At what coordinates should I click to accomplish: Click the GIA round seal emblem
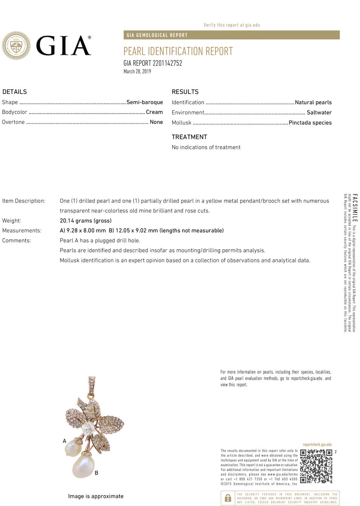click(x=16, y=46)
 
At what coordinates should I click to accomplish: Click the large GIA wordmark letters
click(x=64, y=46)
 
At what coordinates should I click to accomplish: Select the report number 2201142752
click(x=152, y=63)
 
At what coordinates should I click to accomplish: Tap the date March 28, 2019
click(x=137, y=71)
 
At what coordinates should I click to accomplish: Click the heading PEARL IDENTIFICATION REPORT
click(x=178, y=51)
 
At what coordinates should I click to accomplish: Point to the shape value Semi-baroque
click(x=145, y=102)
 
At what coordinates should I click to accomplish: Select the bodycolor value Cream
click(x=154, y=112)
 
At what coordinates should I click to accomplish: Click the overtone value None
click(x=156, y=122)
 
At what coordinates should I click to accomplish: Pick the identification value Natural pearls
click(x=313, y=102)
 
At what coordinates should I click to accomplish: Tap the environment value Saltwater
click(x=319, y=112)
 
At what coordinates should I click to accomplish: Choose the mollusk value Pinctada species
click(x=310, y=123)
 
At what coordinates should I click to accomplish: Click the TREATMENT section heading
click(x=189, y=137)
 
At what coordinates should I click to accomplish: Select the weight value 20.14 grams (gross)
click(x=86, y=221)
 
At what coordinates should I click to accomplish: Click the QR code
click(x=316, y=466)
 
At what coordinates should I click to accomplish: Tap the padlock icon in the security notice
click(x=228, y=498)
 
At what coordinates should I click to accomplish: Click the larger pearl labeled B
click(x=83, y=466)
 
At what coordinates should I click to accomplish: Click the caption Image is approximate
click(x=96, y=496)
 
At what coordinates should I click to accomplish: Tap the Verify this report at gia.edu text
click(x=232, y=25)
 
